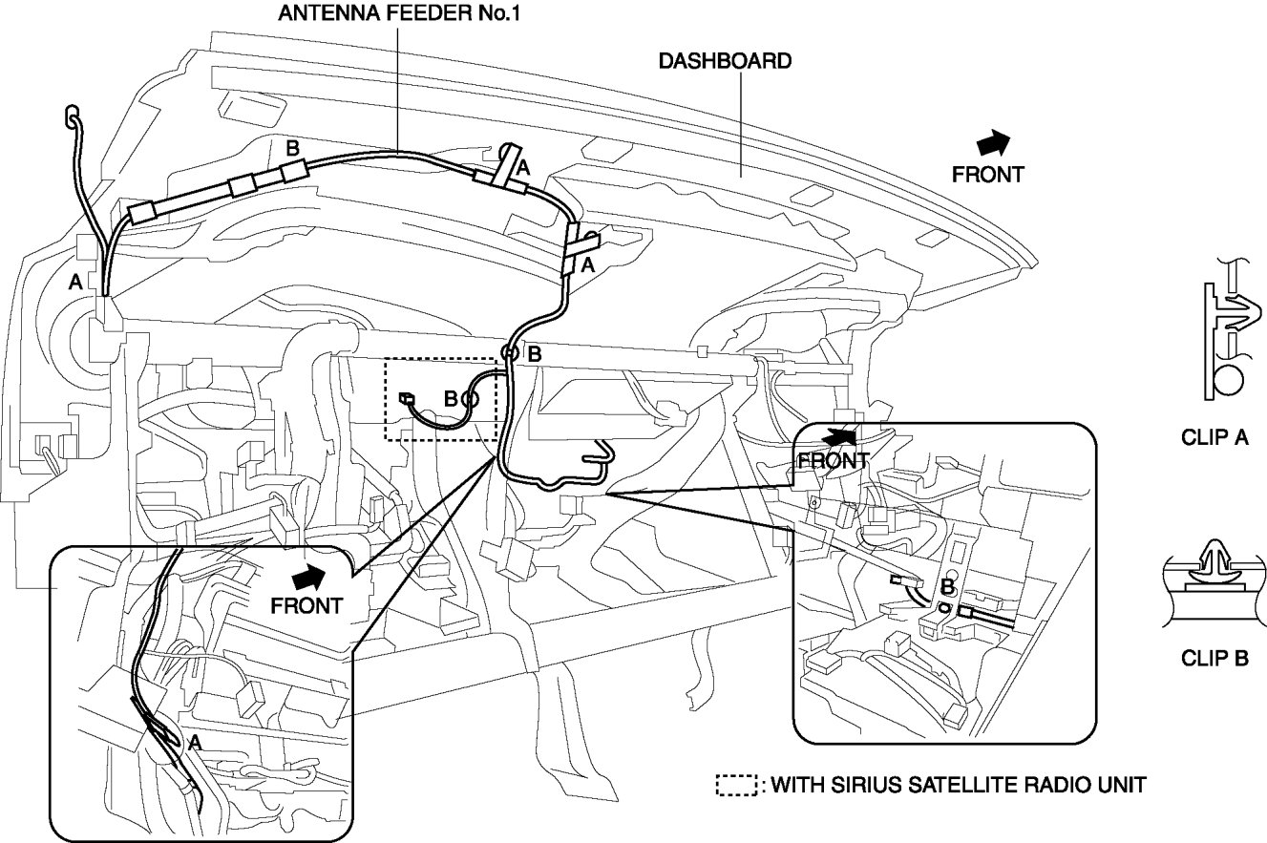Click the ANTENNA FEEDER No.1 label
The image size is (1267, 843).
pyautogui.click(x=399, y=13)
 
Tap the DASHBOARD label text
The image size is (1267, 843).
pyautogui.click(x=725, y=61)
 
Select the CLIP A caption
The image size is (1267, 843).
pyautogui.click(x=1214, y=437)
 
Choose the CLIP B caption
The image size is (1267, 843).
pyautogui.click(x=1214, y=658)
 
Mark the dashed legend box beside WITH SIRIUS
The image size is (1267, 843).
pyautogui.click(x=736, y=785)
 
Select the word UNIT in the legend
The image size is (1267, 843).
pyautogui.click(x=1119, y=785)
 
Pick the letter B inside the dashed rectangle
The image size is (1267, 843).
pyautogui.click(x=451, y=399)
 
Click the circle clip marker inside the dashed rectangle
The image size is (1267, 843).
pyautogui.click(x=470, y=399)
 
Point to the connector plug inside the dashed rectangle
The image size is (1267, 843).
pyautogui.click(x=407, y=399)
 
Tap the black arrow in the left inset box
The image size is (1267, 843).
pyautogui.click(x=308, y=578)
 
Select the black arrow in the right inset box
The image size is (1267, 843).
pyautogui.click(x=840, y=436)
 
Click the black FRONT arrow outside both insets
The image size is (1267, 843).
pyautogui.click(x=993, y=143)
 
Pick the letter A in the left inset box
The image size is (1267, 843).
pyautogui.click(x=194, y=742)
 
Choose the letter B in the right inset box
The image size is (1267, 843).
pyautogui.click(x=947, y=587)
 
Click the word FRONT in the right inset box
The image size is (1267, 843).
pyautogui.click(x=834, y=461)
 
